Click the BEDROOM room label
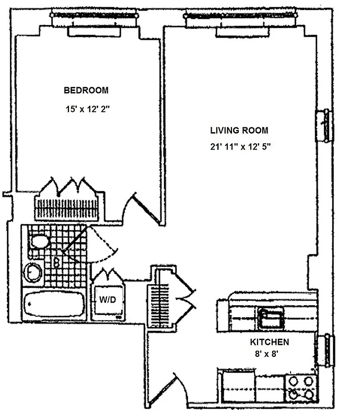pyautogui.click(x=86, y=90)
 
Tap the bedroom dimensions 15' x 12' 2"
pyautogui.click(x=86, y=110)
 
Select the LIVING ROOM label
pyautogui.click(x=239, y=131)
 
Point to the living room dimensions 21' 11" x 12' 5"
pyautogui.click(x=239, y=147)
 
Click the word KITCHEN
pyautogui.click(x=269, y=343)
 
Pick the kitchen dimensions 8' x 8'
pyautogui.click(x=269, y=354)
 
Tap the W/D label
pyautogui.click(x=108, y=300)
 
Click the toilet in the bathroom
pyautogui.click(x=39, y=241)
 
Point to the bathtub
pyautogui.click(x=53, y=304)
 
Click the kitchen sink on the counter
pyautogui.click(x=271, y=318)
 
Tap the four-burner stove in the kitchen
pyautogui.click(x=301, y=388)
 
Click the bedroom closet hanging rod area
pyautogui.click(x=66, y=209)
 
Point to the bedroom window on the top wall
pyautogui.click(x=95, y=20)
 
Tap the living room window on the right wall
pyautogui.click(x=324, y=125)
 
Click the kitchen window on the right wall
pyautogui.click(x=328, y=351)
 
